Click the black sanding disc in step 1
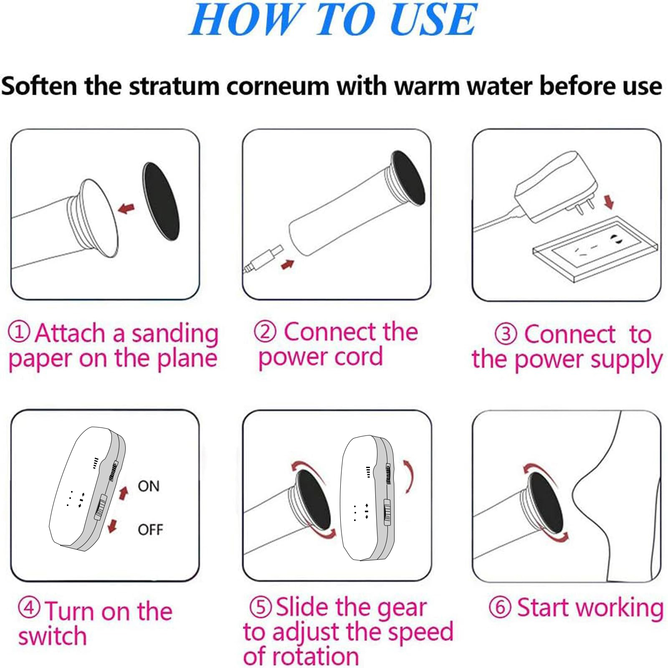pyautogui.click(x=161, y=201)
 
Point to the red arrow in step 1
pyautogui.click(x=127, y=208)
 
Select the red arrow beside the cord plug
pyautogui.click(x=288, y=264)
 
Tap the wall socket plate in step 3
pyautogui.click(x=595, y=249)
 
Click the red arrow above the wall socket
pyautogui.click(x=609, y=202)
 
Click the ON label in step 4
pyautogui.click(x=149, y=486)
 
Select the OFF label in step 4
pyautogui.click(x=150, y=530)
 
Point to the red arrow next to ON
pyautogui.click(x=123, y=493)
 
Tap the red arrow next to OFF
pyautogui.click(x=112, y=526)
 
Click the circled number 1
pyautogui.click(x=19, y=332)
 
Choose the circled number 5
pyautogui.click(x=261, y=607)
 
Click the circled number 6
pyautogui.click(x=500, y=607)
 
